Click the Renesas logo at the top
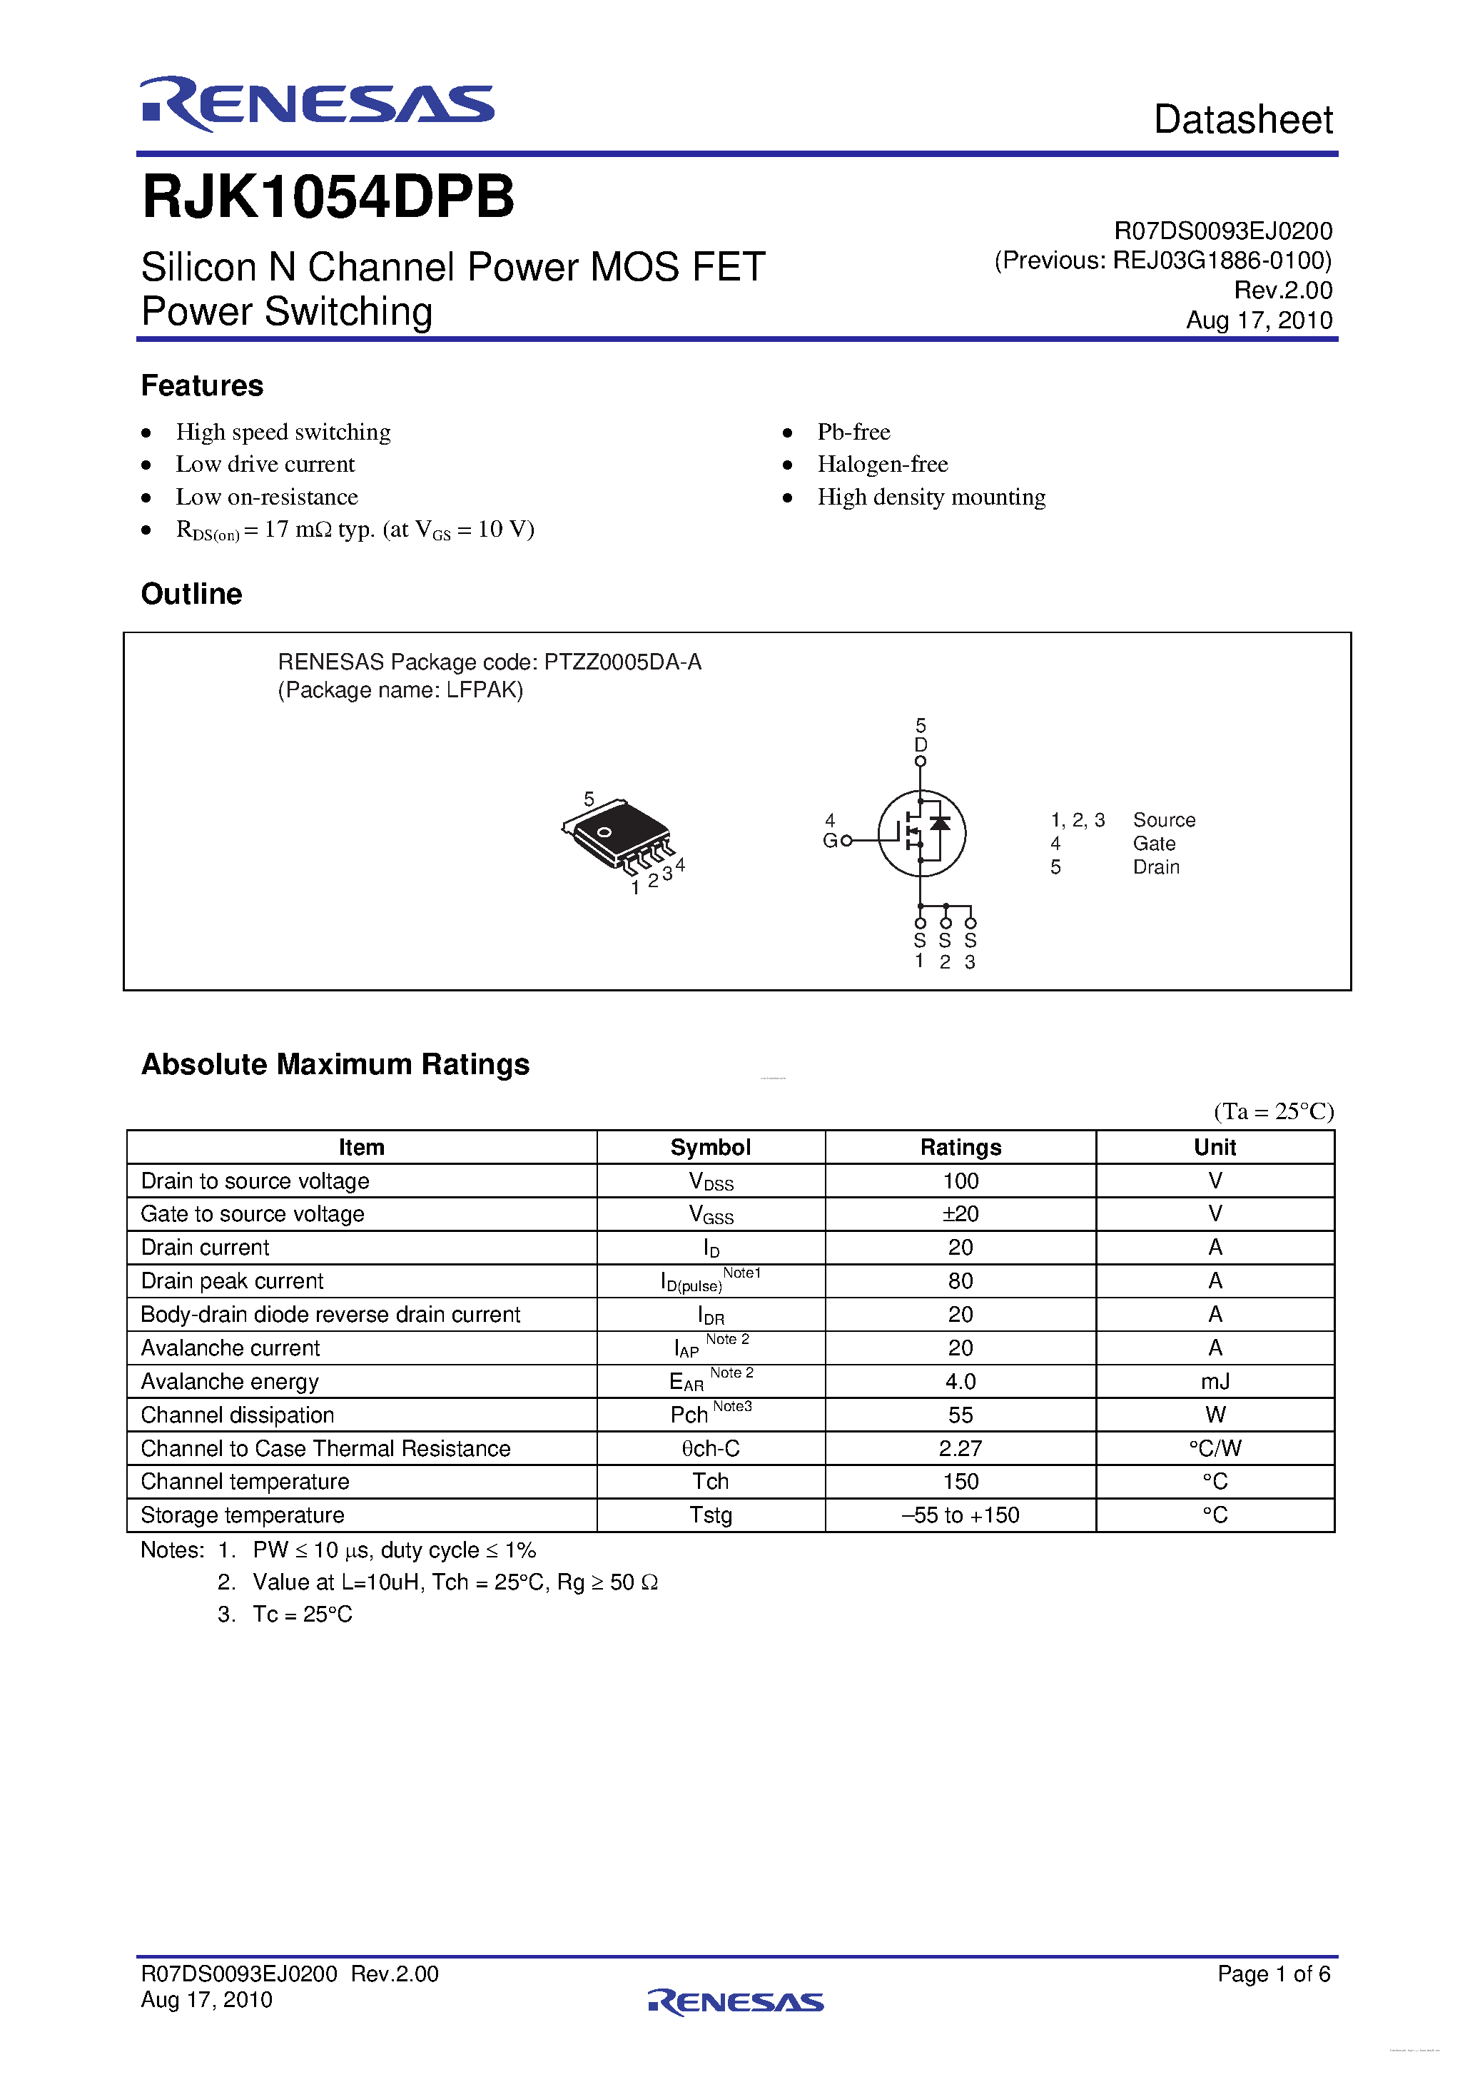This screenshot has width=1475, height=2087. coord(316,103)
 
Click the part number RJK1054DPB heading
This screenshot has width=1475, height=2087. coord(328,197)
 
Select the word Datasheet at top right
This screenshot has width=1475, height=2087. coord(1242,120)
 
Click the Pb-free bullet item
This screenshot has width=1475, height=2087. coord(853,432)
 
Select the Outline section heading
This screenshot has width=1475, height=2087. coord(192,595)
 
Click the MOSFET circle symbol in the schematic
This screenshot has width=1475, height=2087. coord(921,834)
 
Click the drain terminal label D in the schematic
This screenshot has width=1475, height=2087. coord(921,744)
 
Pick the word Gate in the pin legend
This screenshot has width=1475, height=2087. coord(1153,844)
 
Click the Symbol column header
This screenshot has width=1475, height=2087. coord(711,1147)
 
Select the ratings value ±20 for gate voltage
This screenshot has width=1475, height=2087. coord(960,1214)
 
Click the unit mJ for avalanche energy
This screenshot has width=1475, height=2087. coord(1215,1382)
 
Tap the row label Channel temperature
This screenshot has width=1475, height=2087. coord(245,1482)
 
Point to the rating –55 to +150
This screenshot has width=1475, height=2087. coord(960,1515)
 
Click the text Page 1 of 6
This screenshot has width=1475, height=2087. coord(1273,1974)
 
